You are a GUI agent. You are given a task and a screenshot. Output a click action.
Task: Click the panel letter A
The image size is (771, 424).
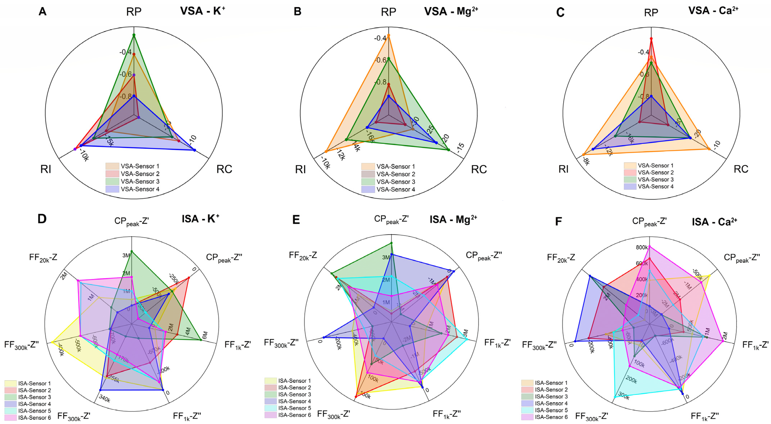click(x=43, y=11)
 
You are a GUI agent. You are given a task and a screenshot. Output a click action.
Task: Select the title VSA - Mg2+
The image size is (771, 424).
click(x=450, y=11)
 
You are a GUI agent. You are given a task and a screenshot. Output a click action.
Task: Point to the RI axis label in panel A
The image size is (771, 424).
click(x=46, y=169)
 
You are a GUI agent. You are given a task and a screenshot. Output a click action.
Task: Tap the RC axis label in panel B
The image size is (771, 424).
click(x=479, y=169)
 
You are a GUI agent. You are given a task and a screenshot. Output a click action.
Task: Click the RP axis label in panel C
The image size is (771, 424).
click(x=651, y=13)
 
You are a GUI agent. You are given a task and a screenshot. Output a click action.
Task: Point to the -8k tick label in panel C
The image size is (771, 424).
click(x=586, y=162)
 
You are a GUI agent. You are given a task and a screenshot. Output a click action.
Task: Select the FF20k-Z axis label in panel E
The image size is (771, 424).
click(x=303, y=256)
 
